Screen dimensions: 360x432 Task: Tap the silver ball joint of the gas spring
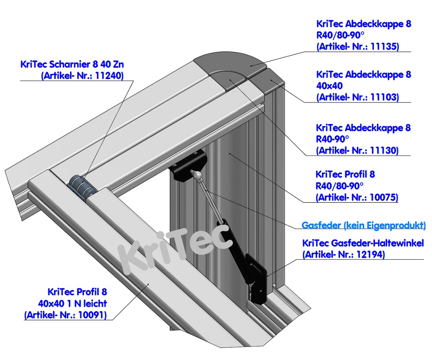(x=197, y=175)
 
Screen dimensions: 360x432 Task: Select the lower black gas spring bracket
(x=258, y=281)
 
